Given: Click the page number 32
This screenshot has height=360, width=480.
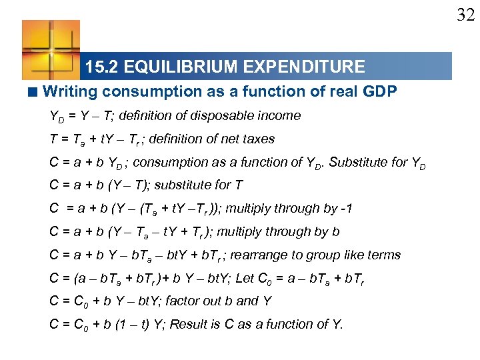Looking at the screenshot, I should point(465,15).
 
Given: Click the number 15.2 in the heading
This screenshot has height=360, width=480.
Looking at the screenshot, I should point(102,67).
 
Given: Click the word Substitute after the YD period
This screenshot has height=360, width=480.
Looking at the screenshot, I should point(379,162).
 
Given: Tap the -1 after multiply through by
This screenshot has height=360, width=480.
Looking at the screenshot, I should point(346,209).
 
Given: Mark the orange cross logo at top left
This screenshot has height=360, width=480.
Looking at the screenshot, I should point(51,49).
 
